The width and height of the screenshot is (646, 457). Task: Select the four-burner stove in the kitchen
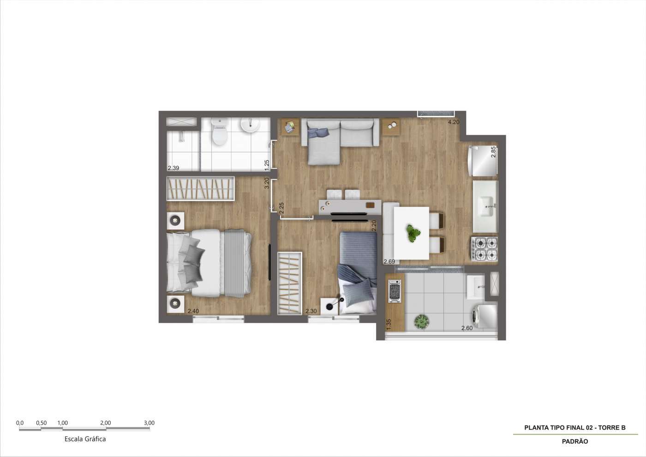pos(484,249)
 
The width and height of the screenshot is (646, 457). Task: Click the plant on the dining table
pos(413,233)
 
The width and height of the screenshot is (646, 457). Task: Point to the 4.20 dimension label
pos(454,122)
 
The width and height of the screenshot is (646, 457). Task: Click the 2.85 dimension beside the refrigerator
pos(493,152)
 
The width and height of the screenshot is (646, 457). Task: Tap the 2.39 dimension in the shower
pos(173,168)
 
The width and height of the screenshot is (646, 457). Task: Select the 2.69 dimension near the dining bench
pos(389,262)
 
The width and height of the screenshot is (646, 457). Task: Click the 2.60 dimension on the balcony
pos(467,328)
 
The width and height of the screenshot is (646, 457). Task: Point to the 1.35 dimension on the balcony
pos(389,324)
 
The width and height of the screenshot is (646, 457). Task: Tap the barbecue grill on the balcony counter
pos(395,291)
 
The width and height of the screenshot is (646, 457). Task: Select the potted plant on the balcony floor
pos(422,321)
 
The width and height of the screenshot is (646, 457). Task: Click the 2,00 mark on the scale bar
pos(106,423)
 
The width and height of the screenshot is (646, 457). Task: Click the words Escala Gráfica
pos(85,439)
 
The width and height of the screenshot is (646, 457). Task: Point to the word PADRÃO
pos(575,441)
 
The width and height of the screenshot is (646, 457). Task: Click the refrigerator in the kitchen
pos(483,161)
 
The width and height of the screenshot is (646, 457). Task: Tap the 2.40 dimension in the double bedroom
pos(193,311)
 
